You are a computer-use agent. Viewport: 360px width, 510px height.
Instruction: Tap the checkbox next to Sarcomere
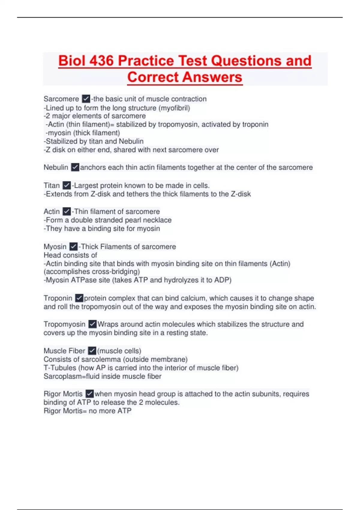pyautogui.click(x=86, y=99)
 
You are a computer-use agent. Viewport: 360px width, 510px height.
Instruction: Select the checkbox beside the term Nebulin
pyautogui.click(x=75, y=167)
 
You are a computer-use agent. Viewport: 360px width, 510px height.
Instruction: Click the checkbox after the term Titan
pyautogui.click(x=67, y=185)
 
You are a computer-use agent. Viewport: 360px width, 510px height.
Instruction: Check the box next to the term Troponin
pyautogui.click(x=79, y=298)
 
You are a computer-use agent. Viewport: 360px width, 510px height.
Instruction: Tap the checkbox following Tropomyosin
pyautogui.click(x=92, y=324)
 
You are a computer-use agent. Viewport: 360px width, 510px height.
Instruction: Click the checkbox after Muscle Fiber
pyautogui.click(x=92, y=351)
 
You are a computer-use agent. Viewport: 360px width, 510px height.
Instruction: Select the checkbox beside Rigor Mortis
pyautogui.click(x=89, y=394)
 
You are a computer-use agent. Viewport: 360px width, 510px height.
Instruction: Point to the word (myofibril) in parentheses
pyautogui.click(x=175, y=108)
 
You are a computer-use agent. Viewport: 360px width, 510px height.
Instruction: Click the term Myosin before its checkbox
pyautogui.click(x=55, y=247)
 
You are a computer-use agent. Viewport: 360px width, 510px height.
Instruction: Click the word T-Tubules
pyautogui.click(x=60, y=368)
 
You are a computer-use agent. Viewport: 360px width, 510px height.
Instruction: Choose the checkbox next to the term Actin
pyautogui.click(x=67, y=211)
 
